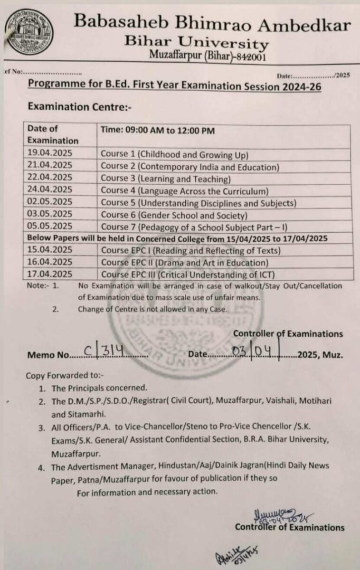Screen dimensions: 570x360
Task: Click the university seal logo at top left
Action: point(29,33)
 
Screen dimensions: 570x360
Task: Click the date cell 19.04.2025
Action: point(50,154)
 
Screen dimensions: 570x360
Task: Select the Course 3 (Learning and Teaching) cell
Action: point(165,179)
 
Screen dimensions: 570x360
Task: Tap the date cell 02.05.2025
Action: point(50,202)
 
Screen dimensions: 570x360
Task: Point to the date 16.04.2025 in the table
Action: point(50,262)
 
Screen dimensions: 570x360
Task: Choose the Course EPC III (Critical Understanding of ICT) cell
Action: point(188,274)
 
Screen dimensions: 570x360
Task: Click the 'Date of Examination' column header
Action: point(53,134)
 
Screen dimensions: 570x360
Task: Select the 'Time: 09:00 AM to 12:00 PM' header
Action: point(157,129)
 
